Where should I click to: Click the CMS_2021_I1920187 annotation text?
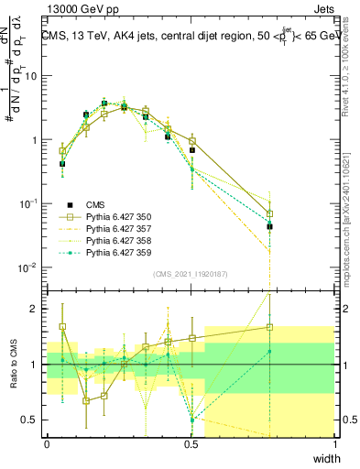point(191,274)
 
